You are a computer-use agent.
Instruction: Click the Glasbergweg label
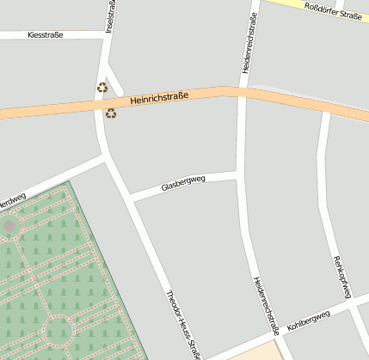point(182,185)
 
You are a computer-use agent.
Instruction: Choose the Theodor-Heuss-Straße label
point(183,323)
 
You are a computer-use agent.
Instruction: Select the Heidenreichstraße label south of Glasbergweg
point(266,305)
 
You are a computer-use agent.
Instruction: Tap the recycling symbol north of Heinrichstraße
point(102,87)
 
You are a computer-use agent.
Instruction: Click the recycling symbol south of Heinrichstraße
point(110,113)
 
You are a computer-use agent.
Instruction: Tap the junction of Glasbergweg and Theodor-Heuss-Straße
point(130,197)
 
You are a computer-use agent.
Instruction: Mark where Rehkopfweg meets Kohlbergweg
point(354,301)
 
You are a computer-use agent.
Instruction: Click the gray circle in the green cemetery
point(10,226)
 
